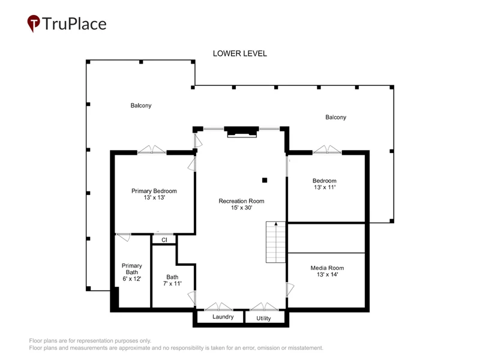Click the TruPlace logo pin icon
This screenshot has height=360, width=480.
coord(34,23)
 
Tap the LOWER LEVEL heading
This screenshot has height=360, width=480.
coord(239,53)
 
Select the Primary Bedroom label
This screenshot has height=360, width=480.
coord(154,191)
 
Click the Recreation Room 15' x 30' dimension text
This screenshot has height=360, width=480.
coord(242,208)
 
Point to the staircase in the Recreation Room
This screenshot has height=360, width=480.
coord(275,242)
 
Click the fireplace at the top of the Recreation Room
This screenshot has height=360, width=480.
coord(242,131)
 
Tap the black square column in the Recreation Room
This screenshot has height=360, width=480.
coord(265,181)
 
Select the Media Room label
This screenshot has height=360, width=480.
coord(327,268)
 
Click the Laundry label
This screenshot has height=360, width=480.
coord(223,317)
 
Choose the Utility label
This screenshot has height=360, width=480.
coord(263,319)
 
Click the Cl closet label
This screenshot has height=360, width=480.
coord(164,239)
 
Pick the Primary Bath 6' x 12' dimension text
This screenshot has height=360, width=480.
coord(131,279)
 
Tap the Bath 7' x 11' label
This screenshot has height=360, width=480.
coord(172,280)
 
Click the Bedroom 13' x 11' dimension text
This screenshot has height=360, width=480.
coord(325,187)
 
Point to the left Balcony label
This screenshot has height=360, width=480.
coord(141,106)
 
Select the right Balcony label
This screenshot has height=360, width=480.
coord(335,117)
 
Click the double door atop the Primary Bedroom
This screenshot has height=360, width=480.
coord(152,149)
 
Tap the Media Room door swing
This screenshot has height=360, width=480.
coord(290,290)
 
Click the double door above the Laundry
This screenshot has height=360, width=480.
coord(218,307)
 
